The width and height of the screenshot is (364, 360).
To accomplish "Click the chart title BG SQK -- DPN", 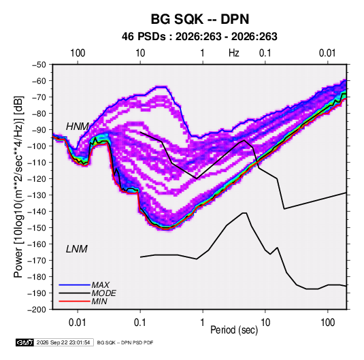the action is [200, 19].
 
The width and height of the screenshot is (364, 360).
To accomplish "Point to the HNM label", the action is [78, 127].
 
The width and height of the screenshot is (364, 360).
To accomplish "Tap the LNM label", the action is [77, 249].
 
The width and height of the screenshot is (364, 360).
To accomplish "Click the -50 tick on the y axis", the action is [39, 65].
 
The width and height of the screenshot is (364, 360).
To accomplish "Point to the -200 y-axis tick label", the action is [37, 310].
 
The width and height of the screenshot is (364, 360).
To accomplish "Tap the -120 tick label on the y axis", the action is [37, 179].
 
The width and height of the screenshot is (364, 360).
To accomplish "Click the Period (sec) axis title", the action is [234, 330].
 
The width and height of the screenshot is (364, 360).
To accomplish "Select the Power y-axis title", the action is [19, 186].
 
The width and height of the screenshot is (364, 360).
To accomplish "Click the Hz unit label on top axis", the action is [234, 53].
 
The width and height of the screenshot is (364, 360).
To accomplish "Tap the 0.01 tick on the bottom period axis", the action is [78, 323].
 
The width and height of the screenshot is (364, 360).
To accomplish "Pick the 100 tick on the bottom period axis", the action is [327, 323].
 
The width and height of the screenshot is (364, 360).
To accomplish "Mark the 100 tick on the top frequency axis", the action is [78, 53].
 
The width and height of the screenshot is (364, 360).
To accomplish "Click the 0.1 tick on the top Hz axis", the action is [265, 53].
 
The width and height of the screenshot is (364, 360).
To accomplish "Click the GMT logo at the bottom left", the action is [24, 342].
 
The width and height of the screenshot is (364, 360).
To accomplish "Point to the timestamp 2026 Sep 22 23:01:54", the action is [63, 342].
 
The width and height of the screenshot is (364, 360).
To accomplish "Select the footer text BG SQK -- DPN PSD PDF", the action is [125, 342].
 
